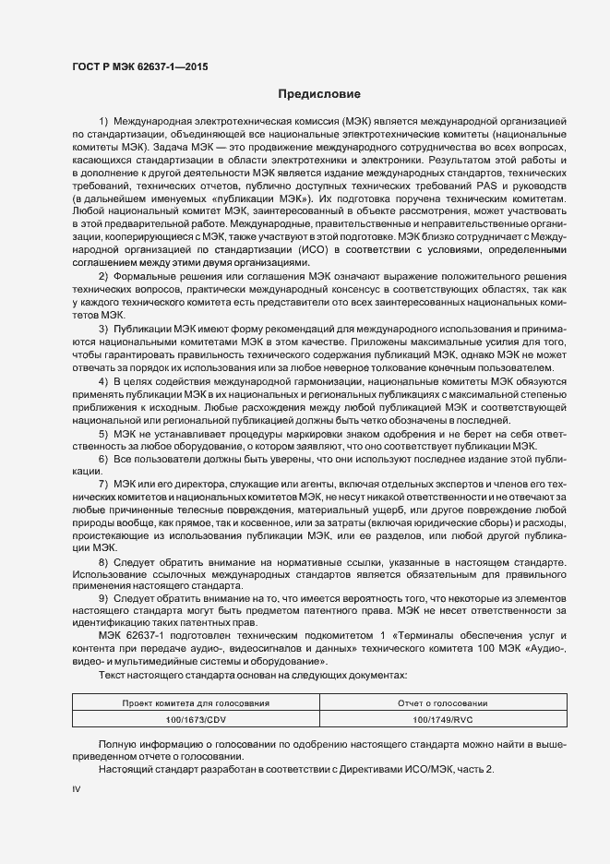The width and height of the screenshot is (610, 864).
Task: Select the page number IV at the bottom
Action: point(77,790)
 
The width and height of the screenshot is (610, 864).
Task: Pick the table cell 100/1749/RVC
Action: point(442,718)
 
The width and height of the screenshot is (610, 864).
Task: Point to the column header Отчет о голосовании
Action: point(442,703)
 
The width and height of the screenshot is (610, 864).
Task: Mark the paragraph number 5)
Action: point(103,433)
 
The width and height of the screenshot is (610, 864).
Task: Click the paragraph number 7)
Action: point(103,484)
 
